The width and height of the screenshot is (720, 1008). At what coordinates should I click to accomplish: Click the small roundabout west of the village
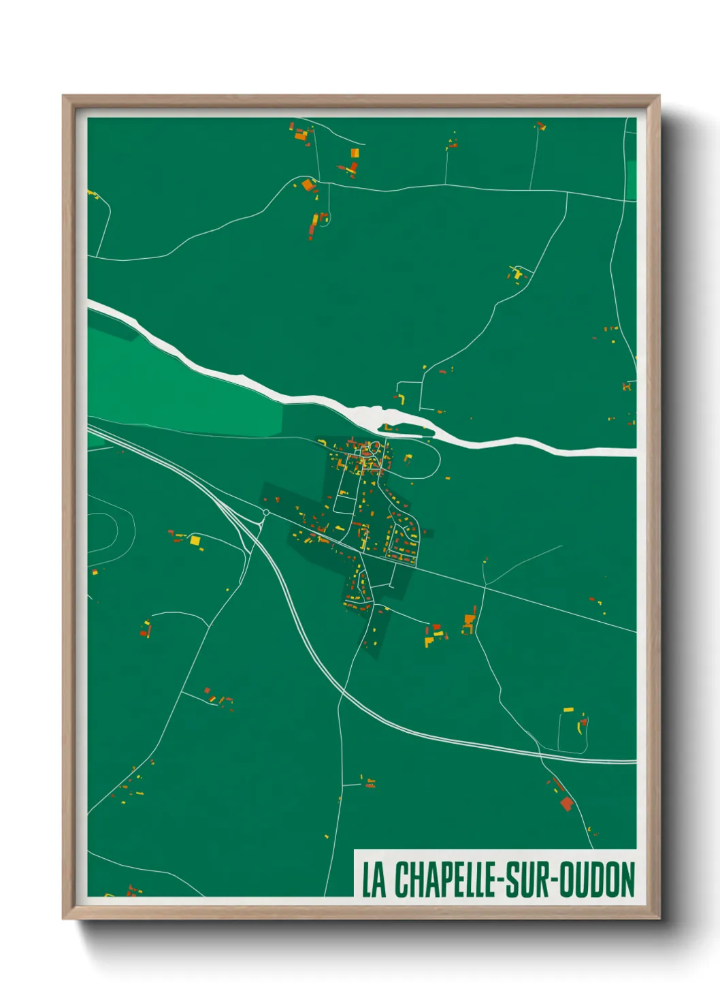coord(266,512)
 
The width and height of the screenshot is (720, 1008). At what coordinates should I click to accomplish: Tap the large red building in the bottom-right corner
coord(566,804)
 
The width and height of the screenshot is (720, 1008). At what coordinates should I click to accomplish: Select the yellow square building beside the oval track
coord(195,541)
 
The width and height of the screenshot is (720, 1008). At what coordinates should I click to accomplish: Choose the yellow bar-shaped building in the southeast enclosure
coord(568,710)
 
